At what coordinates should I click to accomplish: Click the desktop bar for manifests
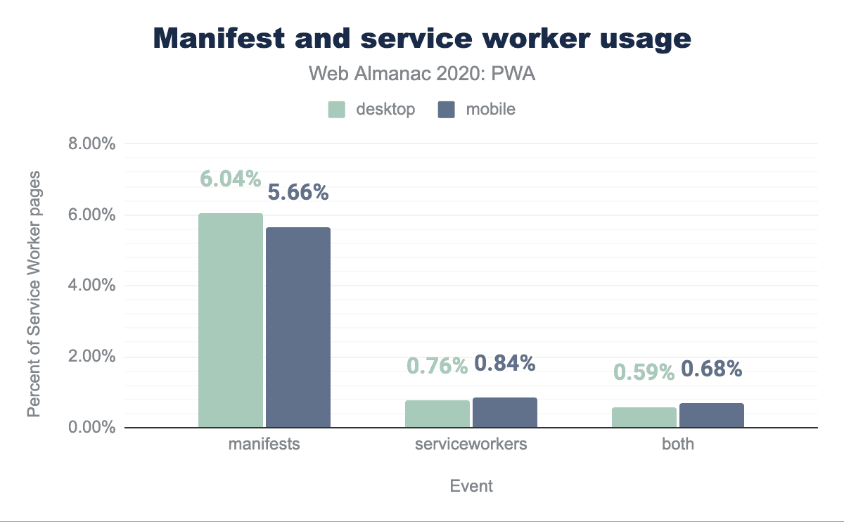(230, 320)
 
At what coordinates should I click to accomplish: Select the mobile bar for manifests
(298, 327)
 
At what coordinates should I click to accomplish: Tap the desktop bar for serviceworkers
(437, 414)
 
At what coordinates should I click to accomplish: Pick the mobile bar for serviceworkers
(504, 412)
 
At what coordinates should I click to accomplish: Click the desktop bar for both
(644, 417)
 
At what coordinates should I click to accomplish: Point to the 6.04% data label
(231, 179)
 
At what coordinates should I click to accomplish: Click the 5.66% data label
(298, 192)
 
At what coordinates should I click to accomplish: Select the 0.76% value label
(437, 366)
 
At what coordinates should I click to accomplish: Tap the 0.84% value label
(505, 363)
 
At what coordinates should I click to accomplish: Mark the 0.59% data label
(644, 371)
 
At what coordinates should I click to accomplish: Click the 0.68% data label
(712, 368)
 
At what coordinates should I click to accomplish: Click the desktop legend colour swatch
(336, 110)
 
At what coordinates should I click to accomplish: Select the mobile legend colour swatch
(446, 110)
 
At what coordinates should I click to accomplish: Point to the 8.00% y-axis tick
(90, 144)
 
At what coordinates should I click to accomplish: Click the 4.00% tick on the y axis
(90, 286)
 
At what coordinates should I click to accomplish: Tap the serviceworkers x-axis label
(471, 445)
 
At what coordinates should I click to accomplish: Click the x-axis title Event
(471, 486)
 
